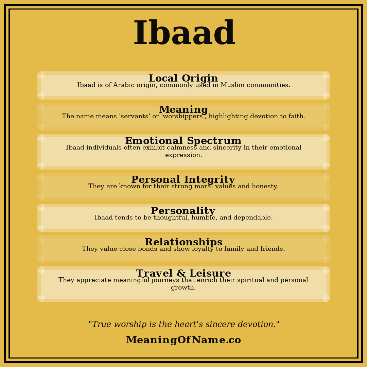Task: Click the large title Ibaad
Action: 184,34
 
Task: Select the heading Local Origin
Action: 183,78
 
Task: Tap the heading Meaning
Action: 183,110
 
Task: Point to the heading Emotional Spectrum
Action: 183,141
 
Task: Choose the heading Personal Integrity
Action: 183,180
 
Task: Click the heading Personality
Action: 183,211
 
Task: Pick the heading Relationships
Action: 183,242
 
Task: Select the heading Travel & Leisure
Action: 183,274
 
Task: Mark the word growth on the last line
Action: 183,288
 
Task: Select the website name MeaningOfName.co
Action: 183,340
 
